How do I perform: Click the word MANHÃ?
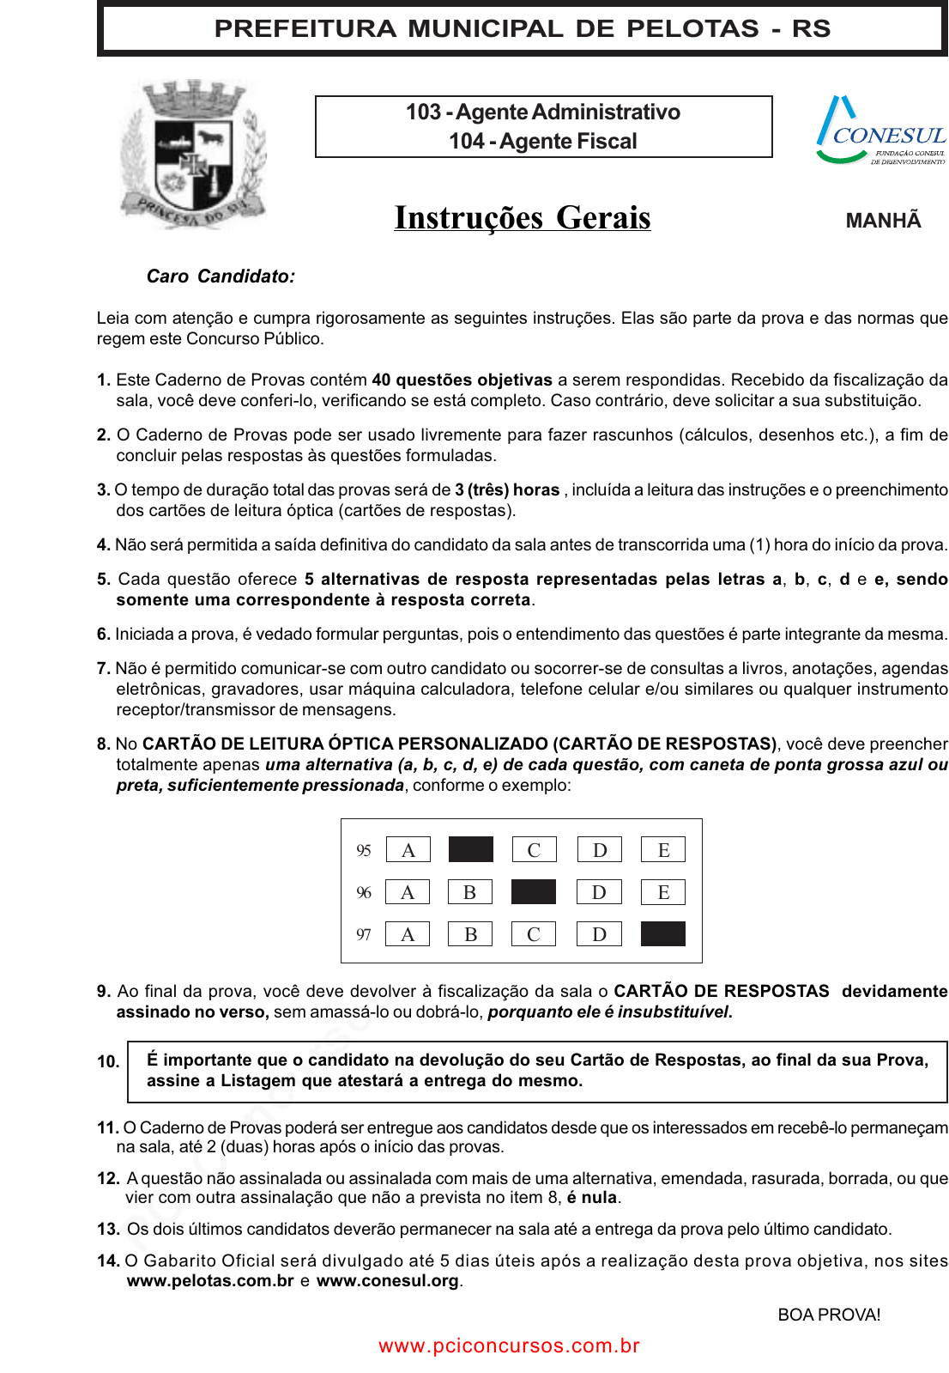[x=883, y=221]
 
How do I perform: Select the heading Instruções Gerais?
[x=523, y=218]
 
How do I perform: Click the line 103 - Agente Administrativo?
[x=543, y=112]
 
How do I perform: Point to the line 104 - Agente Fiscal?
[x=543, y=142]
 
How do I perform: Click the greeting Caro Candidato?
[x=221, y=276]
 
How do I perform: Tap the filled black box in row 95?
[x=471, y=849]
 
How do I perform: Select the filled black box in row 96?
[x=534, y=892]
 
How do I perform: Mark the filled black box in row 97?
[x=663, y=933]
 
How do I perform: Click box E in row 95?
[x=663, y=850]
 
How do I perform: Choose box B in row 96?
[x=470, y=892]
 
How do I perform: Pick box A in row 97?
[x=408, y=934]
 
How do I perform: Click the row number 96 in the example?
[x=364, y=893]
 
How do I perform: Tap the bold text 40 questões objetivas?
[x=462, y=380]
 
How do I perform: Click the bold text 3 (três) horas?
[x=507, y=489]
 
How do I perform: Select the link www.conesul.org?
[x=388, y=1281]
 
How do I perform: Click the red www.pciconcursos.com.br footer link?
[x=510, y=1346]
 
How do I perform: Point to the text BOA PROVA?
[x=829, y=1315]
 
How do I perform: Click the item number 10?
[x=108, y=1061]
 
